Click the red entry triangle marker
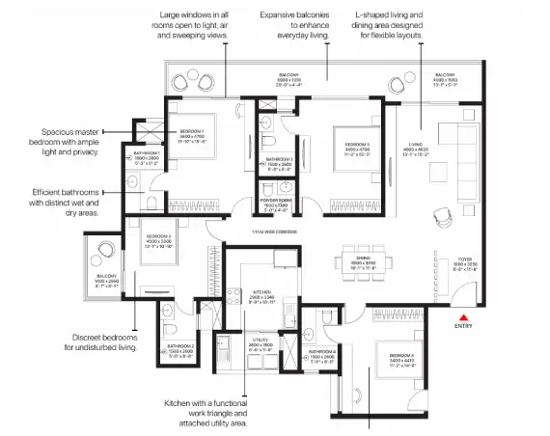tap(463, 314)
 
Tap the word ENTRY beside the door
tap(463, 326)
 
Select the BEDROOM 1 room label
tap(193, 131)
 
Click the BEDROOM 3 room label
tap(358, 146)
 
